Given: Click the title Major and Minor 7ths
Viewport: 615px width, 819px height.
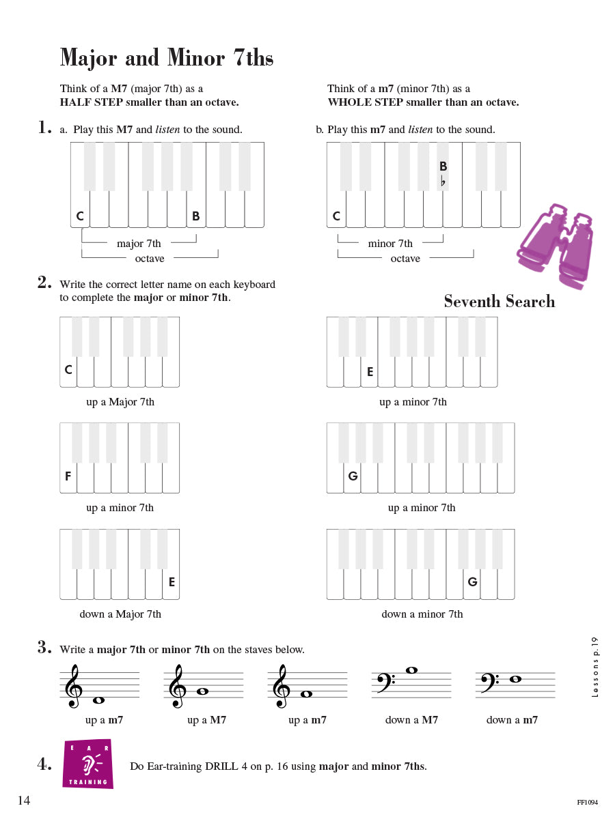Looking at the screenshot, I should pyautogui.click(x=167, y=58).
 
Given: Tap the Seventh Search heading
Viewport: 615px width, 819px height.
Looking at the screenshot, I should pyautogui.click(x=499, y=302).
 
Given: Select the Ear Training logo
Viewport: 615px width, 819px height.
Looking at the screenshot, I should pyautogui.click(x=87, y=764).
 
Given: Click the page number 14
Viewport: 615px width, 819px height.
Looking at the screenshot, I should pyautogui.click(x=24, y=801).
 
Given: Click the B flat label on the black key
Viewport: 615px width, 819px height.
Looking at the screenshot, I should pyautogui.click(x=443, y=172).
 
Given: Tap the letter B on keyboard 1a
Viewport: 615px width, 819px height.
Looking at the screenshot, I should pyautogui.click(x=195, y=216).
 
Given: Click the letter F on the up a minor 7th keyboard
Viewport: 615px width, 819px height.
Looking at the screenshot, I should pyautogui.click(x=68, y=476).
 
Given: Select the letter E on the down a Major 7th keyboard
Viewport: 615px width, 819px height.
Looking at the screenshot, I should pyautogui.click(x=172, y=582).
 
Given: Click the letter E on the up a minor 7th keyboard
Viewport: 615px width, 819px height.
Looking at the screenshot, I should pyautogui.click(x=370, y=372).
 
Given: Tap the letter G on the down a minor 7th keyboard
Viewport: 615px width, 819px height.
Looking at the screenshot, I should pyautogui.click(x=472, y=582).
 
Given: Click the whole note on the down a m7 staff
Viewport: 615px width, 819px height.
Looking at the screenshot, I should pyautogui.click(x=516, y=679).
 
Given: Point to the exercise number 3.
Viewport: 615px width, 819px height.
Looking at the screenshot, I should pyautogui.click(x=44, y=648).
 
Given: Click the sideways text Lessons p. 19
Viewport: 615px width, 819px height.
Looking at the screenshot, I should pyautogui.click(x=594, y=667).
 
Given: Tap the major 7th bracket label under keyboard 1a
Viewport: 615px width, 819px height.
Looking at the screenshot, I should pyautogui.click(x=139, y=244).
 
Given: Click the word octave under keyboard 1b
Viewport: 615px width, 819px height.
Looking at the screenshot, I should pyautogui.click(x=405, y=259).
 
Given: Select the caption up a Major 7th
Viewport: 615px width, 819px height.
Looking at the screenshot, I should pyautogui.click(x=120, y=402).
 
